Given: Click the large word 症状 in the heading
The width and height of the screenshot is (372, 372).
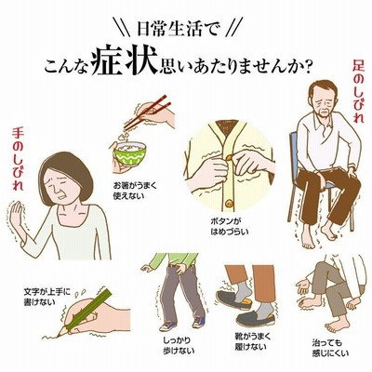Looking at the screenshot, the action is point(124,64).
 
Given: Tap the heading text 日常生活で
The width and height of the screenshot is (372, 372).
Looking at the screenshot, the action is point(179,30).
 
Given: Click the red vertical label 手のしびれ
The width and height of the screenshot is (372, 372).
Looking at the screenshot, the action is point(18,160).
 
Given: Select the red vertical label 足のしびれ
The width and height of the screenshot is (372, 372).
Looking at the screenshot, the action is point(358,91).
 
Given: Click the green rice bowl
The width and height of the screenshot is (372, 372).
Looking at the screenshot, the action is point(130,154).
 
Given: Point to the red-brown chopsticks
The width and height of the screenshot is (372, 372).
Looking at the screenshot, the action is point(147,113).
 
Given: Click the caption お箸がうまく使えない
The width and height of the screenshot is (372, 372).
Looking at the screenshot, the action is point(135,191).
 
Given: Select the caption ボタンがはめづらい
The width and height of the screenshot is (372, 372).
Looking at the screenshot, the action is point(230,226).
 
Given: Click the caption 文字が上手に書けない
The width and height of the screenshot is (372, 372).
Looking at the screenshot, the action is point(47,297).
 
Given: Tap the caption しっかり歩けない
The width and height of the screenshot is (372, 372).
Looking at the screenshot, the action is point(179,346).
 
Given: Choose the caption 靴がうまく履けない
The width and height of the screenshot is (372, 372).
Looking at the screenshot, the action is point(251,341).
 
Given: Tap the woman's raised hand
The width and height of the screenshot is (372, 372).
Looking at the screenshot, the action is point(16,216).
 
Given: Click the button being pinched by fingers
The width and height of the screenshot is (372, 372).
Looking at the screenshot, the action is point(230,158).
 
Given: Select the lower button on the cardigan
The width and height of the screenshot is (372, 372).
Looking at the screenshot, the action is point(230,204).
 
